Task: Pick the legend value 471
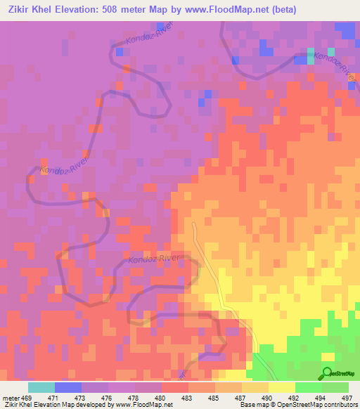pos(68,397)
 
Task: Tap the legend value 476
pos(122,397)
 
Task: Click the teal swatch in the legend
pos(41,387)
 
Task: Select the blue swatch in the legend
pos(68,387)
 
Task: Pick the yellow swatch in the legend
pos(282,387)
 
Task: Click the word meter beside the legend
pos(10,397)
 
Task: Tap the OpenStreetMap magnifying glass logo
pos(327,372)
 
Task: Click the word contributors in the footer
pos(338,405)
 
